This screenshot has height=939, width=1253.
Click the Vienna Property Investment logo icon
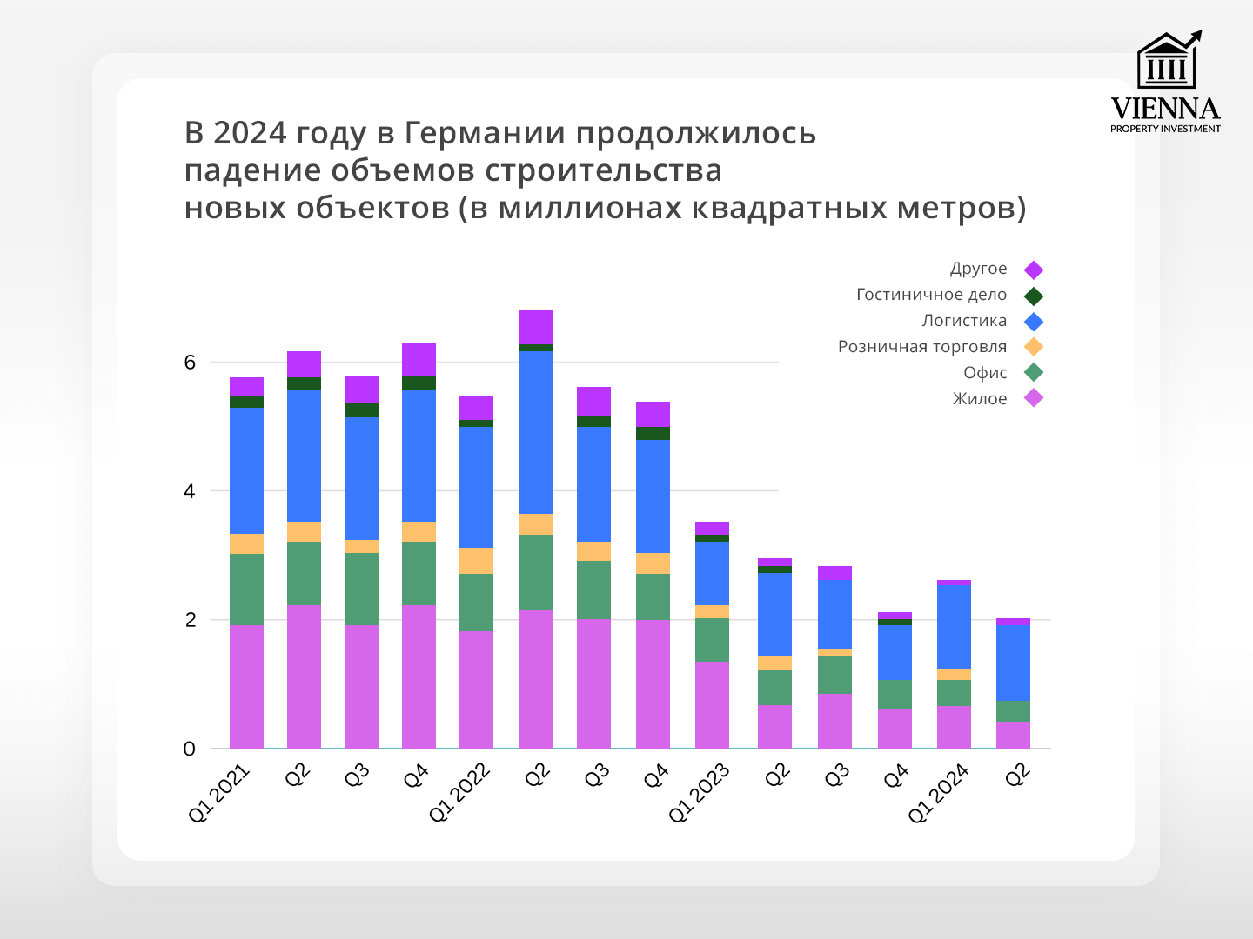pos(1167,61)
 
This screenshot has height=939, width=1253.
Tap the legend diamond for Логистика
pos(1034,322)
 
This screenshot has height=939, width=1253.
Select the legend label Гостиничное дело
pos(931,295)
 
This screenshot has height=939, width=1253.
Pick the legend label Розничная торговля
pos(921,347)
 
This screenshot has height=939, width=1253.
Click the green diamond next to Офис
pos(1034,373)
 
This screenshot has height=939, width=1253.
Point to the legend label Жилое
pos(980,399)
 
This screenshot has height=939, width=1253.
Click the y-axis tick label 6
pos(190,363)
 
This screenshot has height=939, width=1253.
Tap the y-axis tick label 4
pos(190,491)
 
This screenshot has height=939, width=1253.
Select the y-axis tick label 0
pos(190,749)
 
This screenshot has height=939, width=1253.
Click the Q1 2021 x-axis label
pos(219,793)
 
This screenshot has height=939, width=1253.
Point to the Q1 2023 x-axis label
pos(699,793)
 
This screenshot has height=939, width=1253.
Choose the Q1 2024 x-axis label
pos(938,793)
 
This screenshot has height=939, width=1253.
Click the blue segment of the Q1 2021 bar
pos(246,470)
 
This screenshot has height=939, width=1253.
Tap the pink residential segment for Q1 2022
pos(476,689)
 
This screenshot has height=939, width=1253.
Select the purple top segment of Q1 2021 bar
pos(246,387)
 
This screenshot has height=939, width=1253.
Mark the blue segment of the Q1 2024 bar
pos(954,627)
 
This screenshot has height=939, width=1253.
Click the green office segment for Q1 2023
pos(712,640)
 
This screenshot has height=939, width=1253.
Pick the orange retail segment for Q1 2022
pos(476,561)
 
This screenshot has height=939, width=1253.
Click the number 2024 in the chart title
pos(250,133)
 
